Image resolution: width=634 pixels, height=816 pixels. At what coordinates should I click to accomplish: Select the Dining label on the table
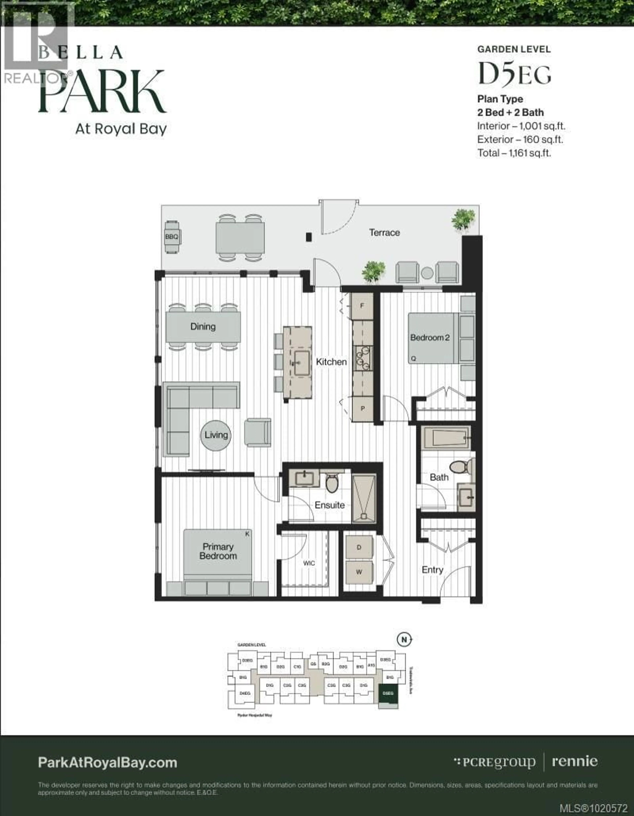[203, 327]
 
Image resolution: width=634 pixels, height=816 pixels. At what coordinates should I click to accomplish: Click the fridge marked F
[362, 306]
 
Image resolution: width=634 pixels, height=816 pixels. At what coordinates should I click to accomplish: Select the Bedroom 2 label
[430, 338]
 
